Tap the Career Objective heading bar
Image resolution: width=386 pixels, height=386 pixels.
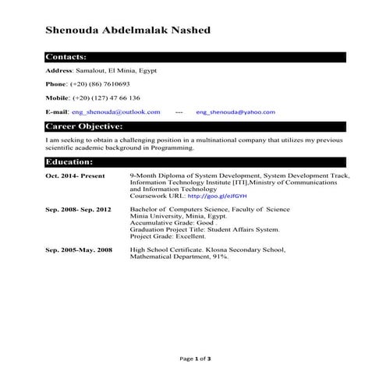(83, 126)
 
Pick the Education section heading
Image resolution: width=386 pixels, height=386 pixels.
(69, 161)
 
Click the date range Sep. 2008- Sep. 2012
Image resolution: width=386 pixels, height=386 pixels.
(79, 210)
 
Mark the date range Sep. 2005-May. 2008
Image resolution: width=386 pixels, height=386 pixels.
(79, 250)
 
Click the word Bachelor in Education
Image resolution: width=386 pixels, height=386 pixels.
(146, 210)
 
